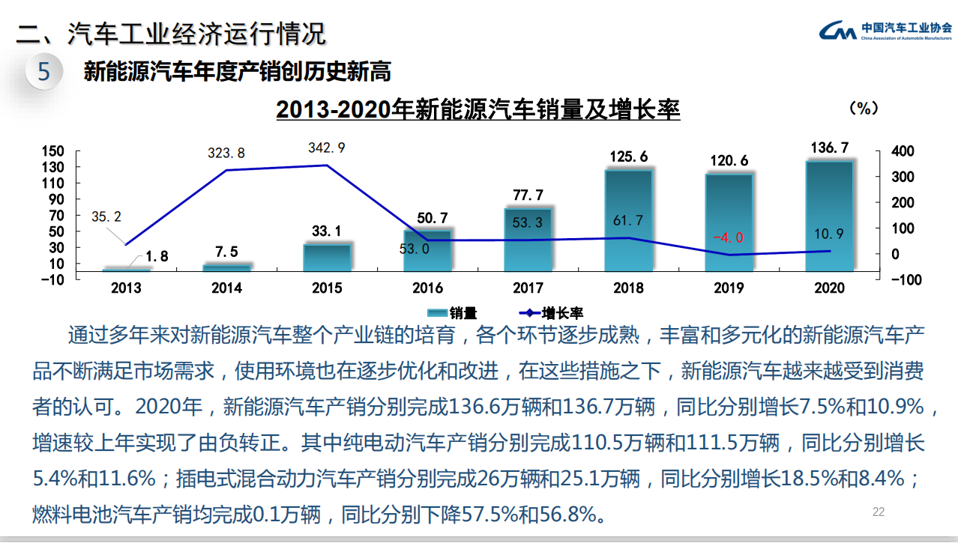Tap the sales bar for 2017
528,240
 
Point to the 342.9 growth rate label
326,148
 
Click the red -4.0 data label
728,237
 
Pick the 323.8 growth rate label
226,154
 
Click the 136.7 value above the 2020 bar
829,148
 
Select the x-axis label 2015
327,288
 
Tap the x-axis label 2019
729,288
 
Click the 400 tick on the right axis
903,151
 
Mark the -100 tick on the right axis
903,280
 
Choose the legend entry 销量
453,313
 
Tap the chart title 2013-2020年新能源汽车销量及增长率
478,110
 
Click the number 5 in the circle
44,72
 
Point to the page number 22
879,512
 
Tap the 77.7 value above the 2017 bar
528,195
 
